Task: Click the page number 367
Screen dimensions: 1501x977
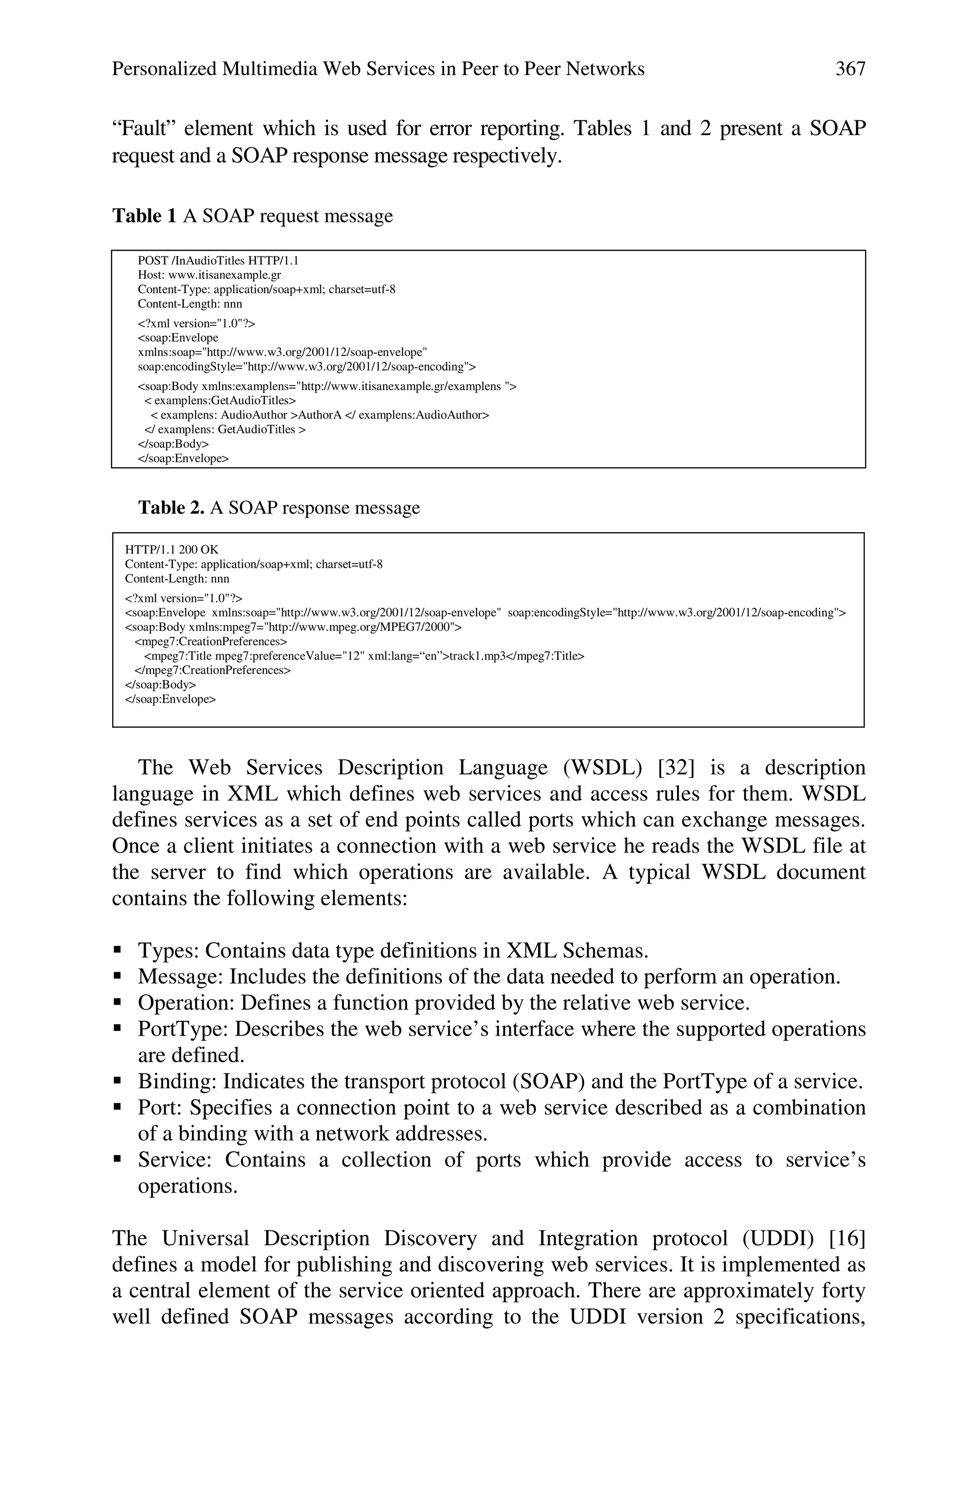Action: click(x=850, y=69)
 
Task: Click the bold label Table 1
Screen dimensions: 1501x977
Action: click(x=145, y=216)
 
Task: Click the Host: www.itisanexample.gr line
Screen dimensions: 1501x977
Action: click(x=209, y=274)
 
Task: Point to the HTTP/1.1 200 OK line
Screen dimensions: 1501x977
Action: click(x=171, y=549)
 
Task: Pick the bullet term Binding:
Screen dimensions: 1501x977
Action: click(x=177, y=1081)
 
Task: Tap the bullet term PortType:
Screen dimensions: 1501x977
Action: click(x=183, y=1029)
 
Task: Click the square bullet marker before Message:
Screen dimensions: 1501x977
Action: click(x=117, y=977)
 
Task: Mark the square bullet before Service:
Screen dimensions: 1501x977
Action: click(x=117, y=1159)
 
